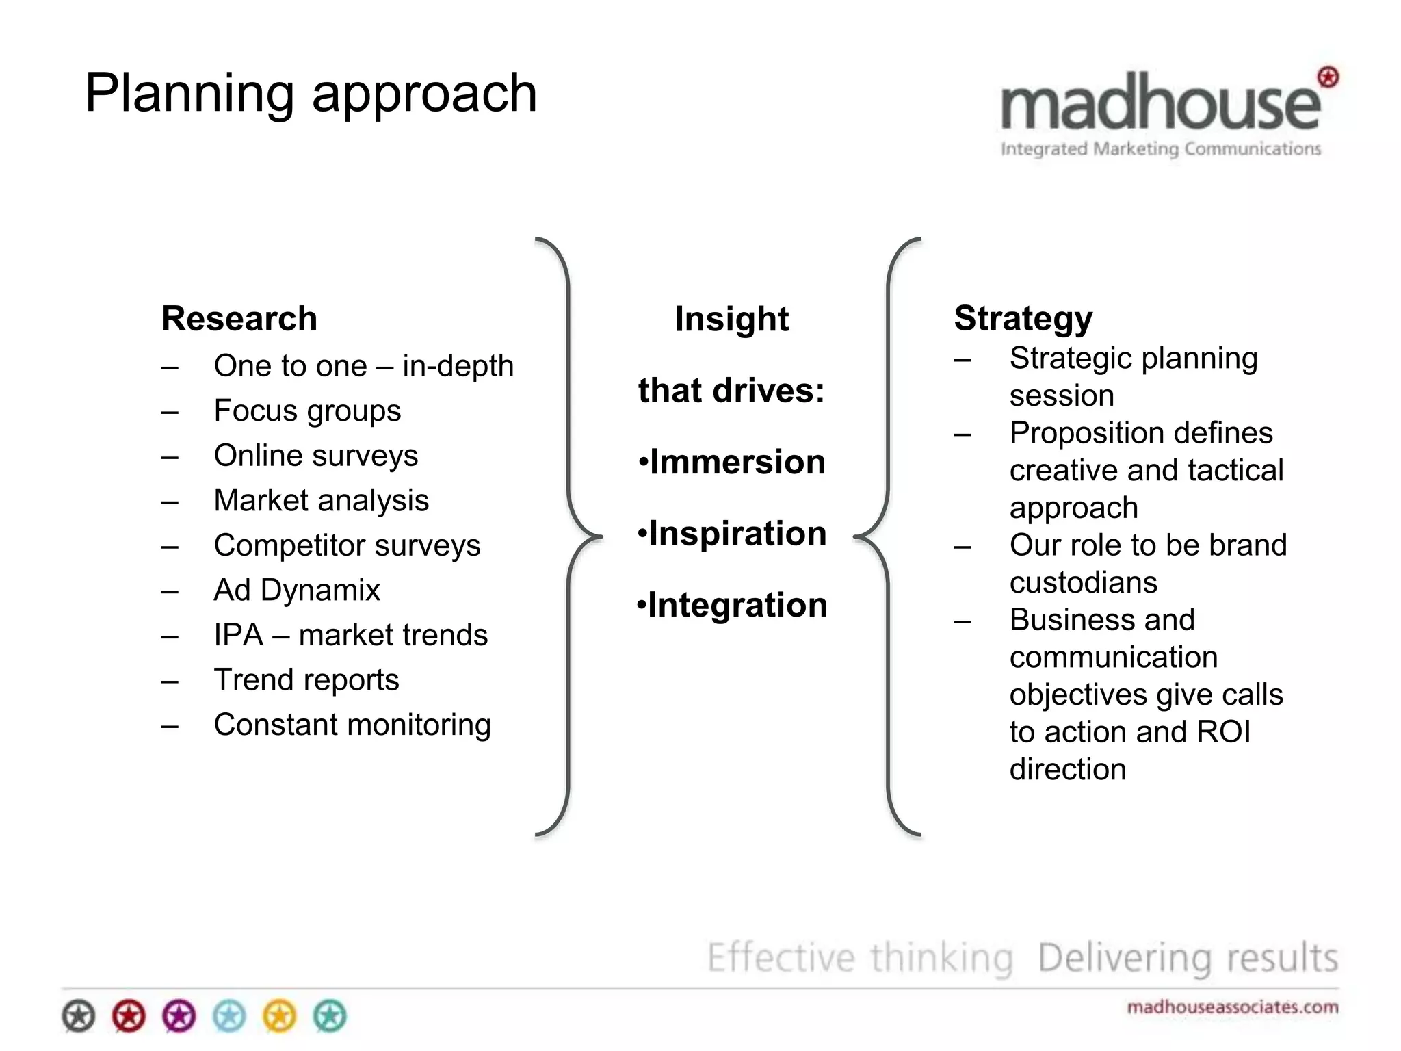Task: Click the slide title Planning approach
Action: [311, 94]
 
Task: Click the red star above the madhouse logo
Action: [1328, 77]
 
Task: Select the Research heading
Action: [239, 319]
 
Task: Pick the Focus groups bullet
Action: [307, 411]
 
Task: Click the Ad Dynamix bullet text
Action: [296, 591]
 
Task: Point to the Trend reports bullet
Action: [306, 680]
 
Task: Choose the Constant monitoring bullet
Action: [352, 725]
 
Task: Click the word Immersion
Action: [737, 463]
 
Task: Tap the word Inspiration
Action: [737, 534]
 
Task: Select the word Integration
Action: [737, 606]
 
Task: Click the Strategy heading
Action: [1023, 319]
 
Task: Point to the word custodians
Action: [1084, 583]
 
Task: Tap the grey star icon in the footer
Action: [79, 1016]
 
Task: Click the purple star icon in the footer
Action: [179, 1016]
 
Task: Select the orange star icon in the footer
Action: [280, 1016]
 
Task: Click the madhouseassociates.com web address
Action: [1232, 1007]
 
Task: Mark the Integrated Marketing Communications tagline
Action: [1160, 149]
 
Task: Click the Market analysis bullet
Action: [321, 501]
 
